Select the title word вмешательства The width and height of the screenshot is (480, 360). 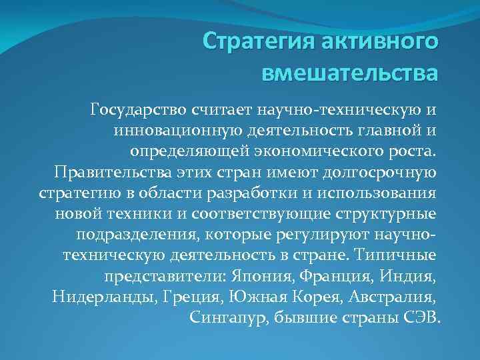coord(349,71)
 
